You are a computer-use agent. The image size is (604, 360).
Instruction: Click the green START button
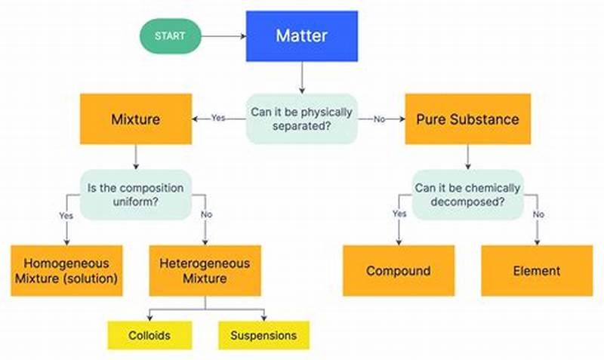(x=171, y=35)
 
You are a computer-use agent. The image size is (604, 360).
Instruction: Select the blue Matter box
(x=301, y=35)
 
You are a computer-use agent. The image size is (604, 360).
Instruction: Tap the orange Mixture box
(x=136, y=118)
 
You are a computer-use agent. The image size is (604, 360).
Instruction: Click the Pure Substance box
(x=467, y=118)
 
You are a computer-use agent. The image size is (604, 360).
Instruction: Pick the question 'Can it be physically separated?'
(x=301, y=118)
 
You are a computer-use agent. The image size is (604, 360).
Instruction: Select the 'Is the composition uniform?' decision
(x=136, y=194)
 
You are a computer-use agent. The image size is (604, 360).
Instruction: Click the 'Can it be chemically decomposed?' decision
(x=467, y=194)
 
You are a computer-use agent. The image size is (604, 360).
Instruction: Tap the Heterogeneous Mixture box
(x=205, y=270)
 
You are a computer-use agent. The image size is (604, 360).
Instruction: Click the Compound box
(x=399, y=270)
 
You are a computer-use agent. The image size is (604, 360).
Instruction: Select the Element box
(x=537, y=270)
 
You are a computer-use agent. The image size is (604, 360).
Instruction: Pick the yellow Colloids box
(x=149, y=335)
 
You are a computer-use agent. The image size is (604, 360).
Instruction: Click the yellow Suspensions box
(x=264, y=335)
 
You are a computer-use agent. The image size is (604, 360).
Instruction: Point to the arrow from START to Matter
(x=225, y=35)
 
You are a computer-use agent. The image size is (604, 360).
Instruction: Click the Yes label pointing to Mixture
(x=218, y=118)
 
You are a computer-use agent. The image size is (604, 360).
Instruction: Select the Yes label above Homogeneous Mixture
(x=65, y=215)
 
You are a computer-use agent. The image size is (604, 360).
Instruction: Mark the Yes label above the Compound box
(x=399, y=214)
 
